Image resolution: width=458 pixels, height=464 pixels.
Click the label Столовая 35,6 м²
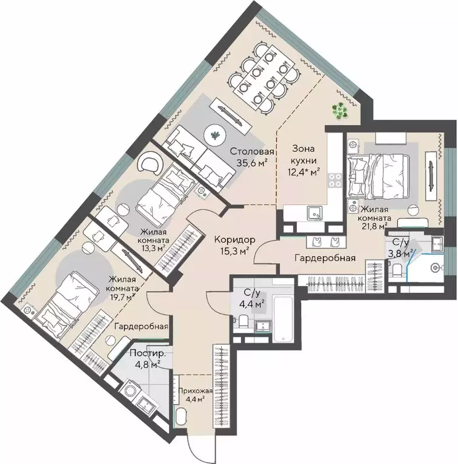(252, 157)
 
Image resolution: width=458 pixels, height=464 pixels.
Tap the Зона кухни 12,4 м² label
(304, 160)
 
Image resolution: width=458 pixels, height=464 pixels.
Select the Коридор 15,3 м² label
(234, 245)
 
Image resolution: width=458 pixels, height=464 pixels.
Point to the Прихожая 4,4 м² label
(195, 395)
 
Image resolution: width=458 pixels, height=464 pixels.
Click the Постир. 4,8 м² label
(147, 359)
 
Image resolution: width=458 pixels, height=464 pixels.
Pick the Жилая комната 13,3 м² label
(153, 240)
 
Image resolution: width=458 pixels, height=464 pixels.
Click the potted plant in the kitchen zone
(340, 111)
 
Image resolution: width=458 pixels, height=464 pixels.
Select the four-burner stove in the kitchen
(335, 180)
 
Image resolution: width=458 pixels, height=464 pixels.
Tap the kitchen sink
(314, 213)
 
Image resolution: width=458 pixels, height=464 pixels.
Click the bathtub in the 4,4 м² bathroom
(283, 319)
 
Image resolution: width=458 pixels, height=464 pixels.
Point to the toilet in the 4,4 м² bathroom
(242, 322)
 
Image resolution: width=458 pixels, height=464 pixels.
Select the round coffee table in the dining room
(215, 136)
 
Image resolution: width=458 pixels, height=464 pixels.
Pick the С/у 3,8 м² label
(401, 247)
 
